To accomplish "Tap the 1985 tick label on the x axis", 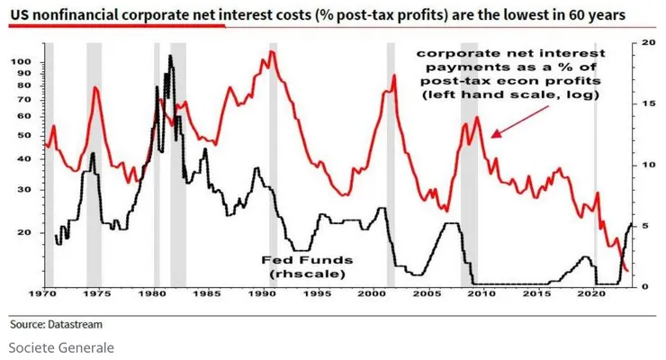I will (207, 295).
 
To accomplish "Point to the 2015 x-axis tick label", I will (536, 295).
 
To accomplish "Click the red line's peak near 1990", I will (272, 52).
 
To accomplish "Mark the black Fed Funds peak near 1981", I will (170, 56).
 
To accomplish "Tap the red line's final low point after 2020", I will (626, 271).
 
